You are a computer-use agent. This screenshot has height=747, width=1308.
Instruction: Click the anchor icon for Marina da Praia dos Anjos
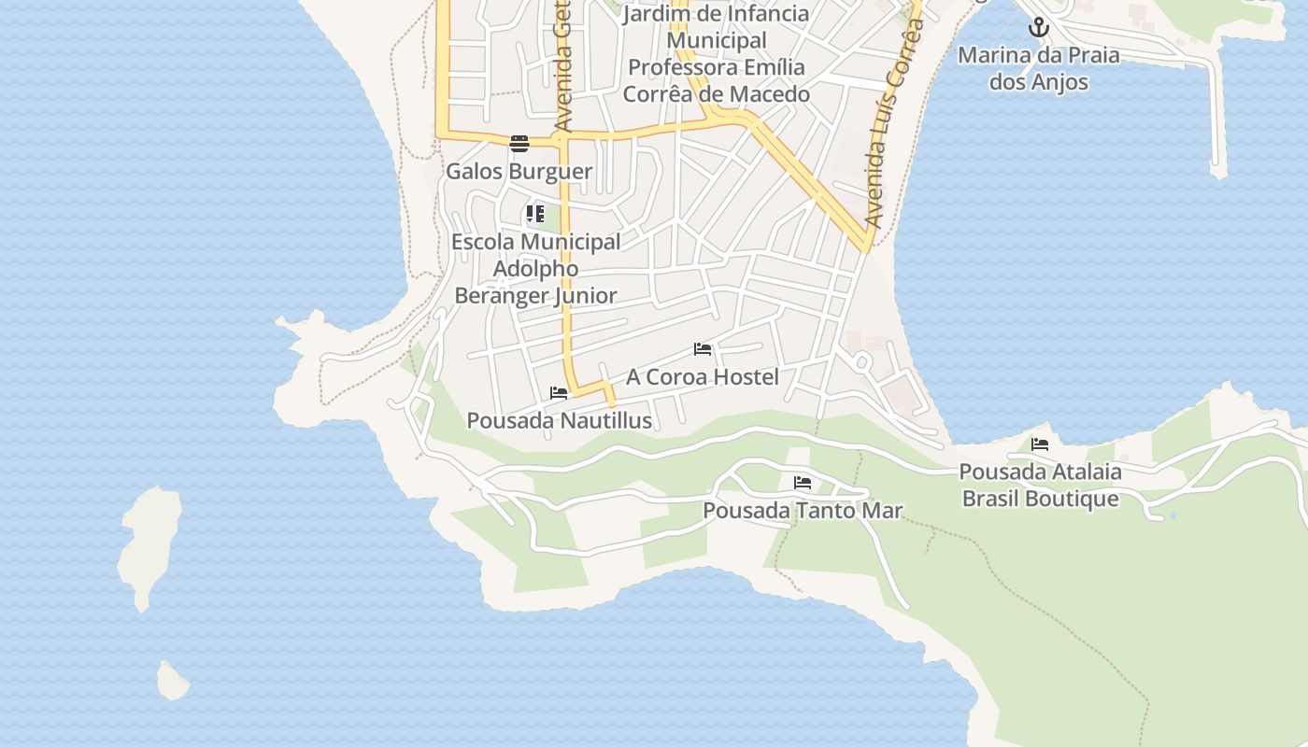pyautogui.click(x=1039, y=28)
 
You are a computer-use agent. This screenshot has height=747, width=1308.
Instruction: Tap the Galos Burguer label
pyautogui.click(x=519, y=172)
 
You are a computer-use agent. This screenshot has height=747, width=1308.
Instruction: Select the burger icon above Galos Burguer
pyautogui.click(x=519, y=143)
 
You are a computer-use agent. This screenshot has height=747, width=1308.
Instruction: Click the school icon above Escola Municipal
pyautogui.click(x=535, y=214)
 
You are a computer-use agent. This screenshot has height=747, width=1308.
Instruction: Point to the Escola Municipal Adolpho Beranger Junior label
pyautogui.click(x=535, y=269)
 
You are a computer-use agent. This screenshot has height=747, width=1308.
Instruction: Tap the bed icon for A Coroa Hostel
pyautogui.click(x=703, y=349)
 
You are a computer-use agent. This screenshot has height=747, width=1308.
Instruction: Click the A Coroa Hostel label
pyautogui.click(x=702, y=377)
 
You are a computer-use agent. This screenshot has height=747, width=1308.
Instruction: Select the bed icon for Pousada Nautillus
pyautogui.click(x=559, y=393)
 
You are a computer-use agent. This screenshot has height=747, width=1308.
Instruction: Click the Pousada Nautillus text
pyautogui.click(x=559, y=421)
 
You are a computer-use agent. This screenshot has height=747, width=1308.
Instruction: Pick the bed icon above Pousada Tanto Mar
pyautogui.click(x=803, y=483)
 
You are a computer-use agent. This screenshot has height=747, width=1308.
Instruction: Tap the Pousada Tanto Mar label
pyautogui.click(x=803, y=511)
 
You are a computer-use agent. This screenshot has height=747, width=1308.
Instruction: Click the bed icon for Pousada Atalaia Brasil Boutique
pyautogui.click(x=1040, y=444)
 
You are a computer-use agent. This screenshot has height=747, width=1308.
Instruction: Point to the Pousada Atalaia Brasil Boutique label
pyautogui.click(x=1040, y=485)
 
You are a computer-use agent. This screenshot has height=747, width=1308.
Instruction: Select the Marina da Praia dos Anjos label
pyautogui.click(x=1039, y=68)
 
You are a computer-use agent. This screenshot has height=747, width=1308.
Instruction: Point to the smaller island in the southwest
pyautogui.click(x=173, y=681)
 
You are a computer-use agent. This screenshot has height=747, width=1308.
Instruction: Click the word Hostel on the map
pyautogui.click(x=743, y=377)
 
